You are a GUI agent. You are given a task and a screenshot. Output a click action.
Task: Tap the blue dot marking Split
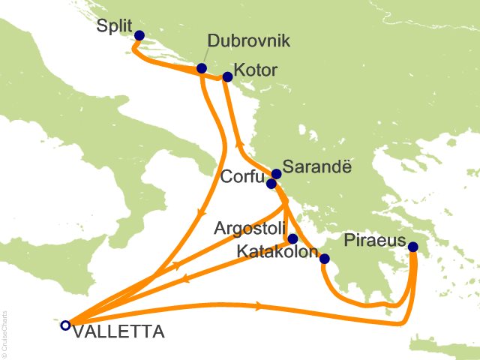(x=139, y=34)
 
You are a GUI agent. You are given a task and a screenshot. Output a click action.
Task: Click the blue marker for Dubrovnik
(x=202, y=68)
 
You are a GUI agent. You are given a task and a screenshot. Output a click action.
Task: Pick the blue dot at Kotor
(x=228, y=76)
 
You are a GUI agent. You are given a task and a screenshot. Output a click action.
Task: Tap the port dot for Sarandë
(x=276, y=174)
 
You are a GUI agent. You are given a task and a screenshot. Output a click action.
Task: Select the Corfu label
(x=242, y=178)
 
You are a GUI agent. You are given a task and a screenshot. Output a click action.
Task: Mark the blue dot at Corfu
(x=271, y=183)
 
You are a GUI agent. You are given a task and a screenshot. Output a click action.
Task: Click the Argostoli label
(x=249, y=226)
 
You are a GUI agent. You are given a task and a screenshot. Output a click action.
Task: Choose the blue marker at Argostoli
(x=292, y=238)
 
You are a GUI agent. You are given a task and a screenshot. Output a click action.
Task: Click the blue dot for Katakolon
(x=324, y=259)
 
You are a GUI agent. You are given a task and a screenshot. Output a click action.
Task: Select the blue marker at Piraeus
(x=413, y=245)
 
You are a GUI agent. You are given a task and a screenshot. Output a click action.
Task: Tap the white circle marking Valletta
(x=65, y=325)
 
